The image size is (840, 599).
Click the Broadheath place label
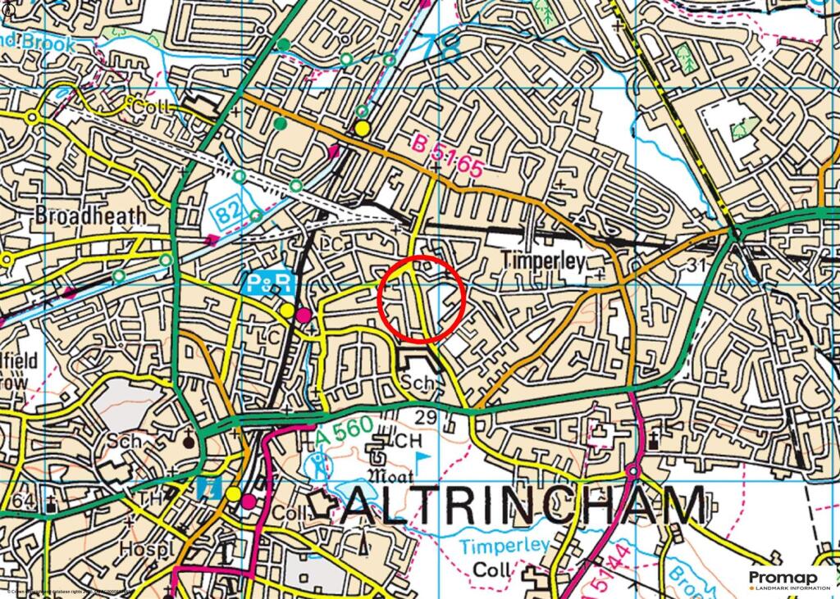(90, 215)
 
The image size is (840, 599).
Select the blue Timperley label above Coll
(504, 546)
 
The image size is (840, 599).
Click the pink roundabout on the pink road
(632, 472)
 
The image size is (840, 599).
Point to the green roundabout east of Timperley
(736, 234)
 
